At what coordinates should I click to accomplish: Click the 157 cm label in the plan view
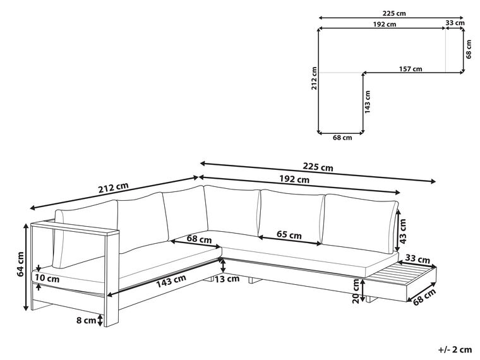pyautogui.click(x=410, y=69)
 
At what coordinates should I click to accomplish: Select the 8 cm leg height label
pyautogui.click(x=86, y=320)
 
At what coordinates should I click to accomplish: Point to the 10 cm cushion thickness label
pyautogui.click(x=47, y=279)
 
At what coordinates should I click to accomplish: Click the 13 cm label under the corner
pyautogui.click(x=227, y=279)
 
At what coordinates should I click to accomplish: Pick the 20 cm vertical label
pyautogui.click(x=356, y=291)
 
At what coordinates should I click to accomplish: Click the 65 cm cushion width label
pyautogui.click(x=289, y=235)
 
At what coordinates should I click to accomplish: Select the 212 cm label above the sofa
pyautogui.click(x=113, y=188)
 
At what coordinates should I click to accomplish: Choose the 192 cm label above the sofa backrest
pyautogui.click(x=294, y=179)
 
